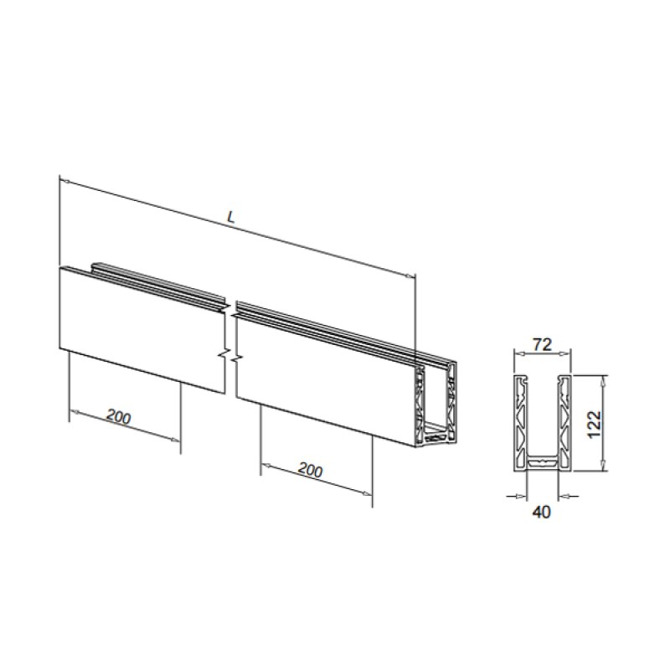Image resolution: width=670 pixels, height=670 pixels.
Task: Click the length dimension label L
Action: click(x=232, y=217)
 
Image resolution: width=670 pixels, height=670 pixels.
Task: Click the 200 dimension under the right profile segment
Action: click(x=310, y=471)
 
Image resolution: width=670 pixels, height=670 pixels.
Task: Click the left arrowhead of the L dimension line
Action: click(x=64, y=179)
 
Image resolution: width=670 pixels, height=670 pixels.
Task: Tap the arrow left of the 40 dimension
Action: click(x=517, y=496)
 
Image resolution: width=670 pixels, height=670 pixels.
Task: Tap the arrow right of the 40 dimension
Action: click(x=567, y=496)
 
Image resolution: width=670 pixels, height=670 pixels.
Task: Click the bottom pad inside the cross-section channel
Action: click(x=542, y=460)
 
